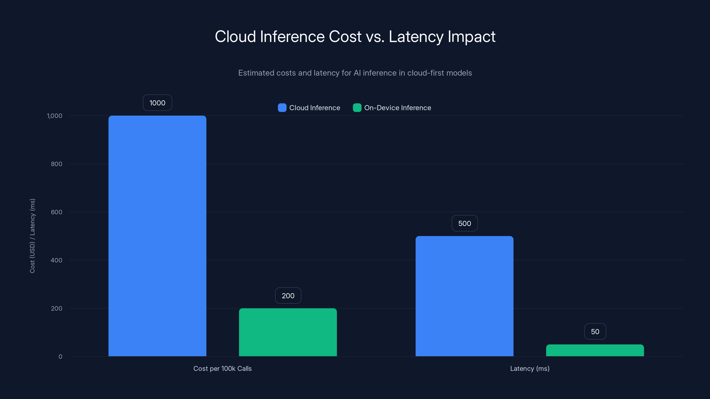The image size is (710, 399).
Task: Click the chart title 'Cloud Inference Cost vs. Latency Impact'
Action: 355,37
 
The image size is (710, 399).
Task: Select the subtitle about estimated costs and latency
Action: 355,73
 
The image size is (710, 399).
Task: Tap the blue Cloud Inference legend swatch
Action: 282,108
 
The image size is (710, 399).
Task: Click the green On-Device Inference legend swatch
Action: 357,108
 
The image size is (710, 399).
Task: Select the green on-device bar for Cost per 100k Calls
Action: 288,332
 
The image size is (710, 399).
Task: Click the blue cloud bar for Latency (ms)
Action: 464,296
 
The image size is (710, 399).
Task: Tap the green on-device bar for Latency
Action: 595,350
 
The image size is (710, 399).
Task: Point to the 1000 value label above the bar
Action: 157,103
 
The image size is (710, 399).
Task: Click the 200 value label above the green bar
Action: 288,295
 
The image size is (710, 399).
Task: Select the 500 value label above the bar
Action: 465,223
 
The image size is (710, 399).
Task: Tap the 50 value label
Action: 595,332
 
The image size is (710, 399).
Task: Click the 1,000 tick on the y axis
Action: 55,116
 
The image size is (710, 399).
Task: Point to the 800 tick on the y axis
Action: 57,164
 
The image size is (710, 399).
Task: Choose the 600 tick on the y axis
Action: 57,212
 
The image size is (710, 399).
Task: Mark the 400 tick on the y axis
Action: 57,260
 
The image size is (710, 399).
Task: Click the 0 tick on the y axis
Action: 60,357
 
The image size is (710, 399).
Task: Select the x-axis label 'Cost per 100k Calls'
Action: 222,368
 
